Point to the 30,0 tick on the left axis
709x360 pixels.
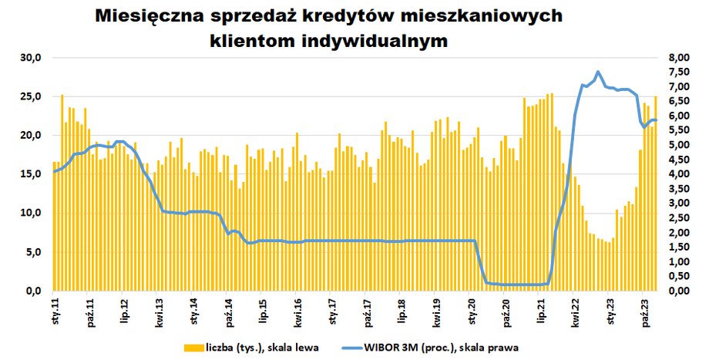click(36, 58)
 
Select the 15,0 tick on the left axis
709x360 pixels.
click(36, 174)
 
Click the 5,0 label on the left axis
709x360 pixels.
click(39, 252)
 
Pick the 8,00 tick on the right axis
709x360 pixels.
click(679, 58)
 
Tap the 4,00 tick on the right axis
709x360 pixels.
click(679, 174)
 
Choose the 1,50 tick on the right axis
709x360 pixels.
click(679, 247)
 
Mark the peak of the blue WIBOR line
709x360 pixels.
click(597, 72)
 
